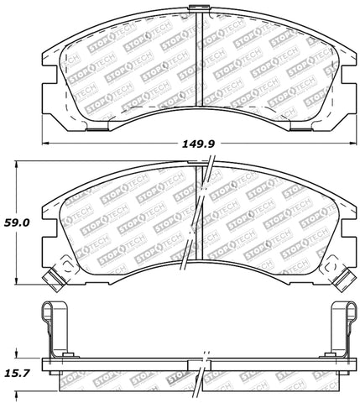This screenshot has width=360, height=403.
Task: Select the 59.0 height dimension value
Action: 16,224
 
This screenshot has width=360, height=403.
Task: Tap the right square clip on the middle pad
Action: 343,274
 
